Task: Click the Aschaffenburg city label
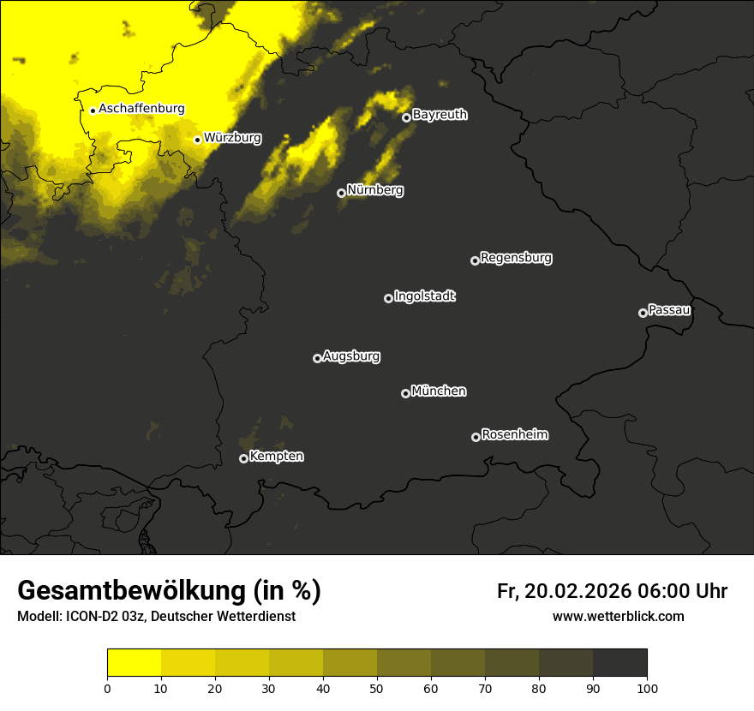(x=141, y=109)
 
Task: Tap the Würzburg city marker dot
(x=197, y=140)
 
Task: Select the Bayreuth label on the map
(x=440, y=115)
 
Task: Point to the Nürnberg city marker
(x=341, y=193)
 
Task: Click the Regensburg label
(x=516, y=257)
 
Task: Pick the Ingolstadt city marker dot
(x=388, y=298)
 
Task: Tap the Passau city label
(x=669, y=309)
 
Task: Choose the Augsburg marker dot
(x=317, y=358)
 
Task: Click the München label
(x=439, y=391)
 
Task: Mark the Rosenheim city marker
(x=476, y=438)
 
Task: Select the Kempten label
(x=276, y=456)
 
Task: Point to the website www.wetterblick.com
(x=618, y=616)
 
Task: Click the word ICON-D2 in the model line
(x=90, y=617)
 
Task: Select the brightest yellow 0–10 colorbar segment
(x=134, y=663)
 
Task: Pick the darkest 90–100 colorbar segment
(x=619, y=663)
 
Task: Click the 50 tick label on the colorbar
(x=377, y=688)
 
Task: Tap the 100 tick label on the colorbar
(x=647, y=688)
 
